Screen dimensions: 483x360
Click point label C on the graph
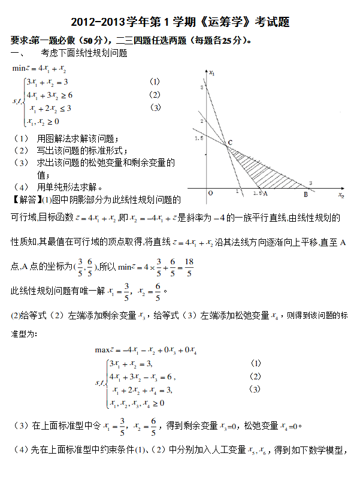[230, 142]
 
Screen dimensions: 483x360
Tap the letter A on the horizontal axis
[265, 194]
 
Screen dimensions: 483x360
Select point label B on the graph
[305, 194]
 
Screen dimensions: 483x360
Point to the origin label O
[210, 194]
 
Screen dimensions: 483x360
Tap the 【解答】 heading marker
[26, 199]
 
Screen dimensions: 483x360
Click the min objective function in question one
[39, 68]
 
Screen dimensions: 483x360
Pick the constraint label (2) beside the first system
[155, 95]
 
